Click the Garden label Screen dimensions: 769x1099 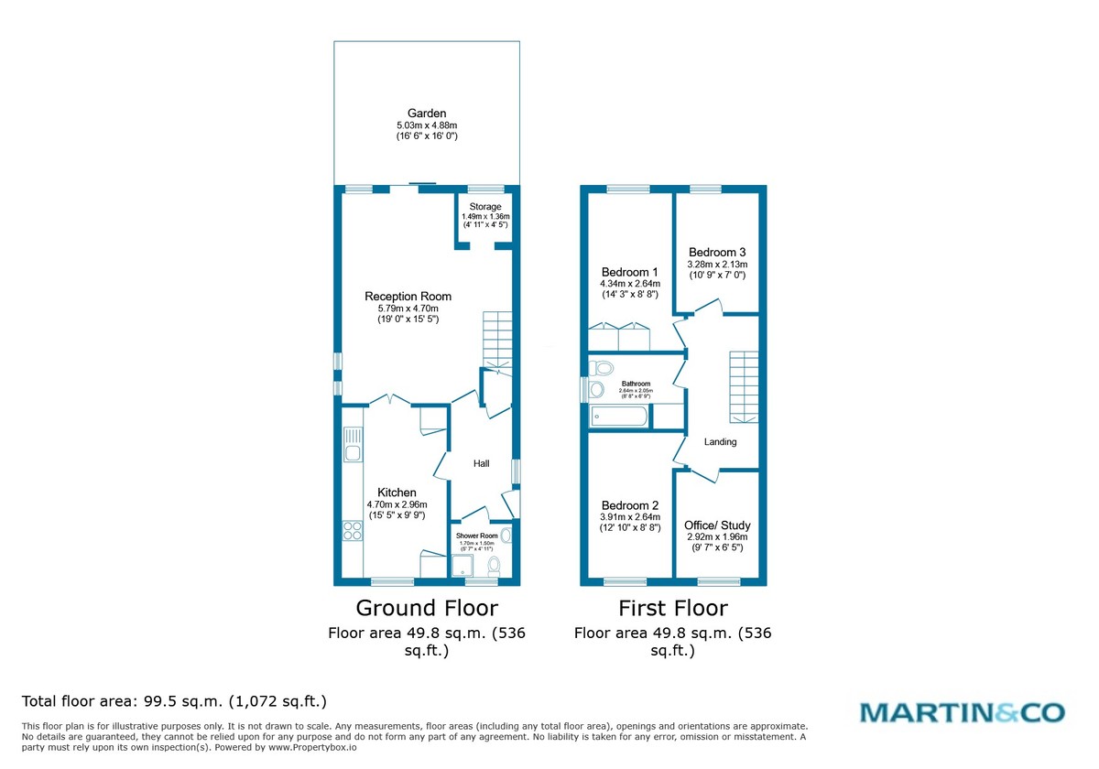(427, 114)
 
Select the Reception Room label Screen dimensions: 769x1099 (408, 296)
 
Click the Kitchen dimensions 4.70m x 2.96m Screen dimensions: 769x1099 (397, 504)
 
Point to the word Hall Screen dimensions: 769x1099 (481, 464)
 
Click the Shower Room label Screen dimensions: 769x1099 (476, 536)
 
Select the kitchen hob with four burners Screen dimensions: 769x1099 (352, 531)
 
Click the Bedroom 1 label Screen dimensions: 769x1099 (630, 272)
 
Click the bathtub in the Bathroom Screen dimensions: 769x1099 (621, 417)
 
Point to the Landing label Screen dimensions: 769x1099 (720, 442)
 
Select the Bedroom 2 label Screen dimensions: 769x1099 (630, 505)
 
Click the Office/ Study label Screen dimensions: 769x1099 (717, 525)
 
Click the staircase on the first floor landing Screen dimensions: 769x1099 (744, 385)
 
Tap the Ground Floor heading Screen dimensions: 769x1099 (427, 608)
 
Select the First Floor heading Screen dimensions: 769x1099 (673, 608)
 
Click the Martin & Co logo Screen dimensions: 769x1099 (962, 711)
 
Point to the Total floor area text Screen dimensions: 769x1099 (174, 701)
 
